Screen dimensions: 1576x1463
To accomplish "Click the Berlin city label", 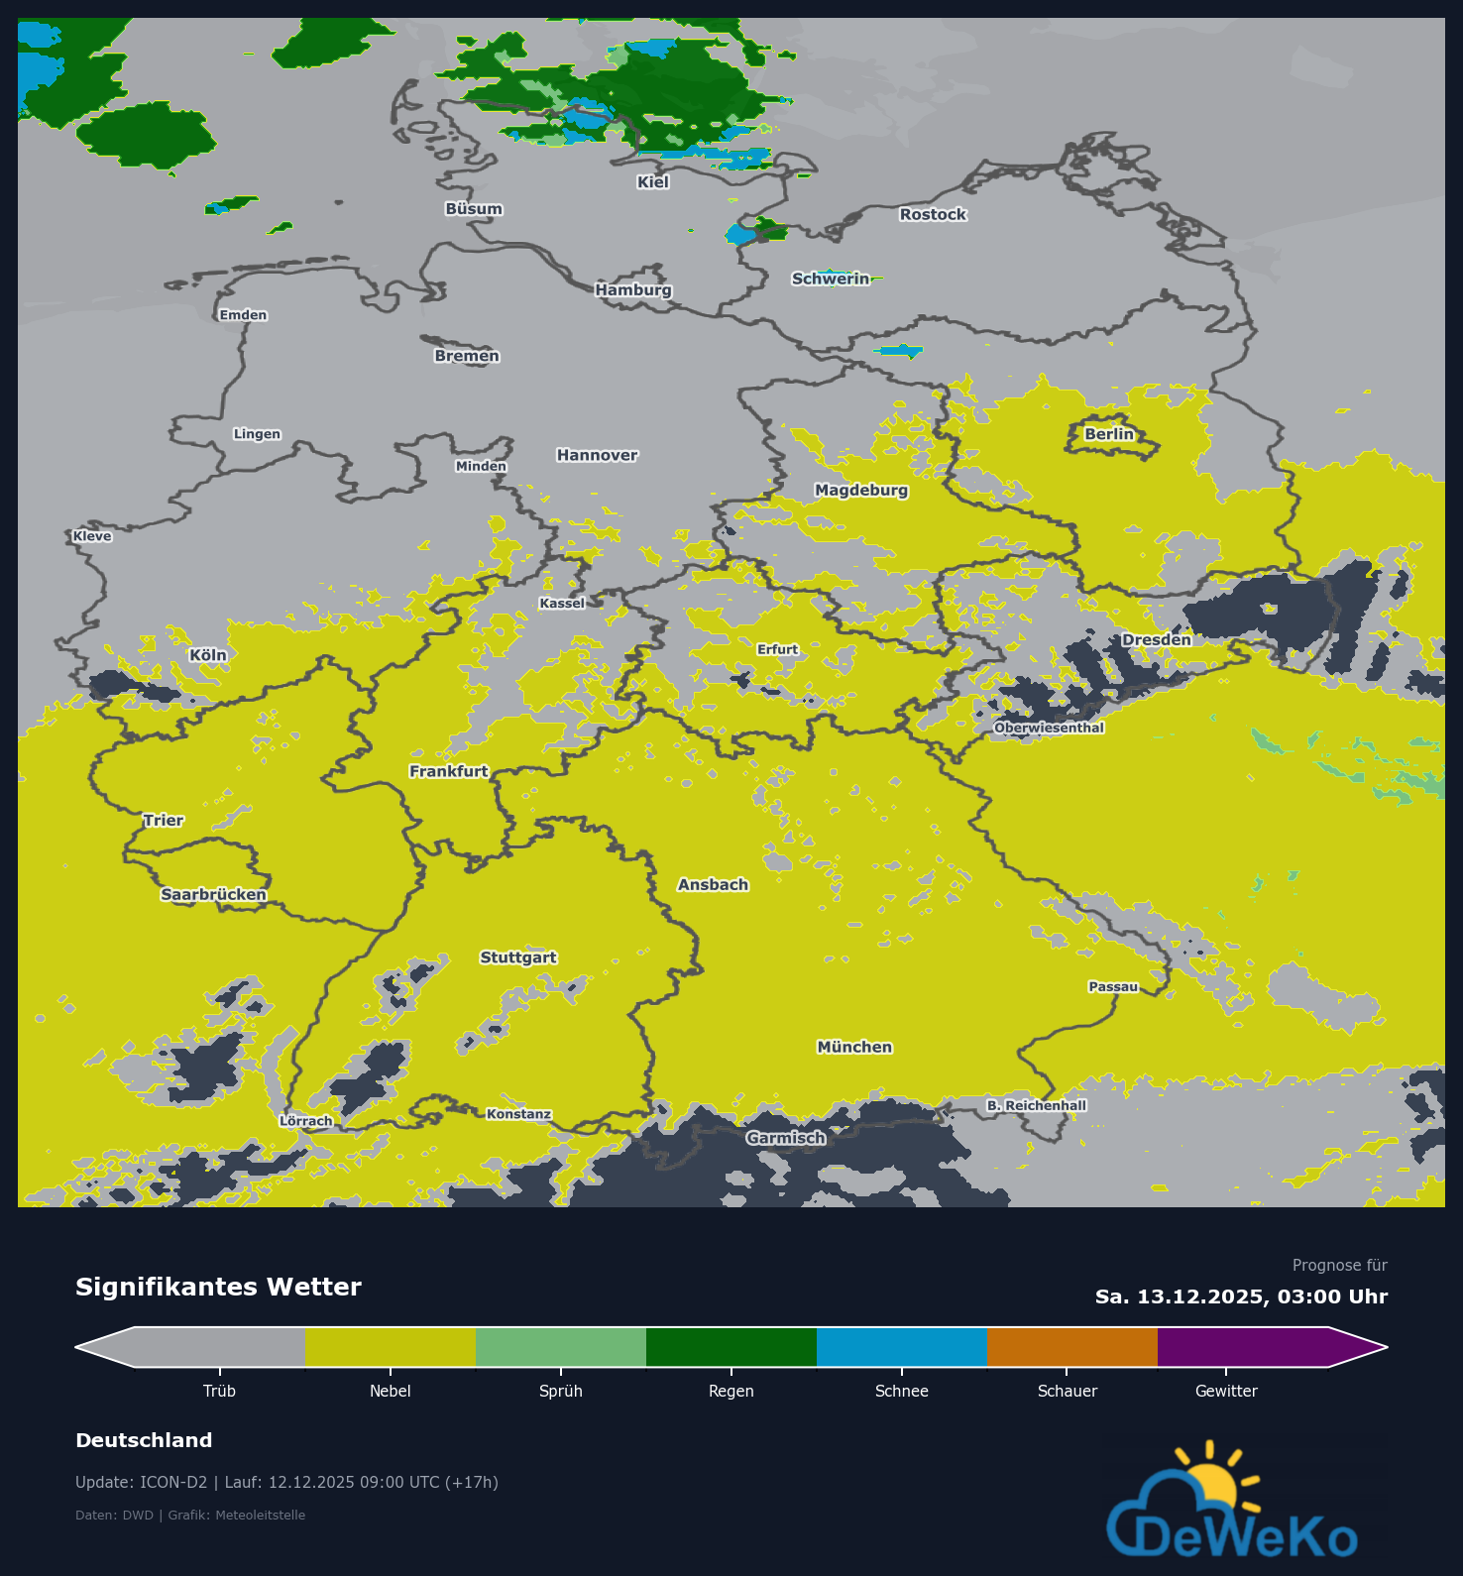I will click(x=1108, y=434).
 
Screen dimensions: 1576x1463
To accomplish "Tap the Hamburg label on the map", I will click(x=633, y=289).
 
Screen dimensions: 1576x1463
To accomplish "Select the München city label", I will click(x=854, y=1047).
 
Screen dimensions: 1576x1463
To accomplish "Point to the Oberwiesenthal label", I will click(x=1049, y=728).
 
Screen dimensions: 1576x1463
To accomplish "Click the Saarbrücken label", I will click(x=213, y=894).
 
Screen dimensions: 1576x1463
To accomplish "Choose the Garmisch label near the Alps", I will click(x=786, y=1138).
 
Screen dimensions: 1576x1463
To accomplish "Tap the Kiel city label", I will click(x=653, y=181).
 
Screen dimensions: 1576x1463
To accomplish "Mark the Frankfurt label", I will click(x=449, y=771).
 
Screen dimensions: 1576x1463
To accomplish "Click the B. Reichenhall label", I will click(x=1037, y=1105).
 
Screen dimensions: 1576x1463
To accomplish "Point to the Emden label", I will click(x=243, y=315).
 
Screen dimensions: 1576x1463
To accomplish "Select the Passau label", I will click(x=1113, y=986).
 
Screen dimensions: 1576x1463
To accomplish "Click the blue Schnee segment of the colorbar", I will click(x=902, y=1347).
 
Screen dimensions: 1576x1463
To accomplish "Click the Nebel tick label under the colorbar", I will click(x=391, y=1391).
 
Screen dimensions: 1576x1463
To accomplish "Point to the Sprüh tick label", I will click(x=561, y=1391).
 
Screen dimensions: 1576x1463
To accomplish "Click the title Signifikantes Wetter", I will click(x=218, y=1287).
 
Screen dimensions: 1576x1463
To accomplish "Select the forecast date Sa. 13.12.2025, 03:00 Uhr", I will click(x=1241, y=1296).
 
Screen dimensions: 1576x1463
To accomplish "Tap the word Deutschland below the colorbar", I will click(x=144, y=1440).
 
